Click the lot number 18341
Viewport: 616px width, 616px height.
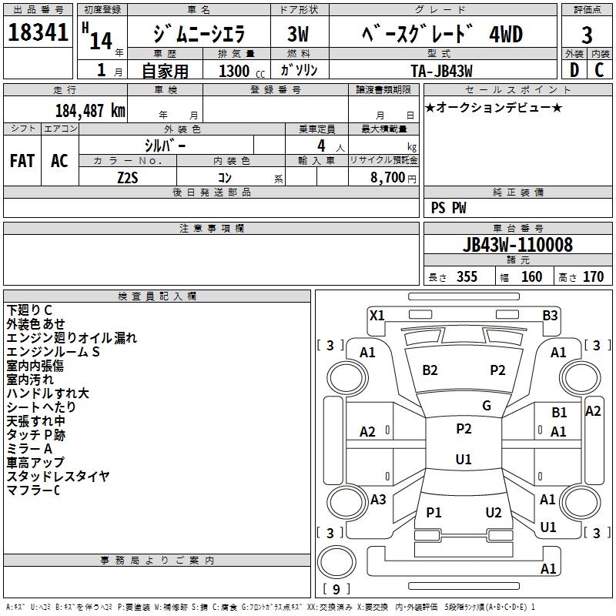(x=39, y=35)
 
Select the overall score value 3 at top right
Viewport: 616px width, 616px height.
(x=587, y=35)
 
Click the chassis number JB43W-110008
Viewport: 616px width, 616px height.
(x=517, y=245)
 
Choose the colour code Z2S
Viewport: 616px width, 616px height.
(x=128, y=178)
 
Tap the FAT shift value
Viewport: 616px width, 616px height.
(x=22, y=161)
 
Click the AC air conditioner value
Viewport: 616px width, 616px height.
(x=59, y=161)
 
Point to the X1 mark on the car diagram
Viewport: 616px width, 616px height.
(x=377, y=315)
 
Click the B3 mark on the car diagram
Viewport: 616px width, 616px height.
(x=550, y=315)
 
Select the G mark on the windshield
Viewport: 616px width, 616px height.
(x=487, y=406)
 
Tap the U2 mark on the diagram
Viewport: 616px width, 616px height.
(x=494, y=513)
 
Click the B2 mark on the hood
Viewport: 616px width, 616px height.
(x=430, y=370)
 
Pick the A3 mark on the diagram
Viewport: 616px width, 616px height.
(x=378, y=500)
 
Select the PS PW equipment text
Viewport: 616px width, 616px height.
(x=449, y=207)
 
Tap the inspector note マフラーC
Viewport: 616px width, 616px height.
(x=33, y=490)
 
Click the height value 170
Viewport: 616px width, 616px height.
(x=593, y=277)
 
